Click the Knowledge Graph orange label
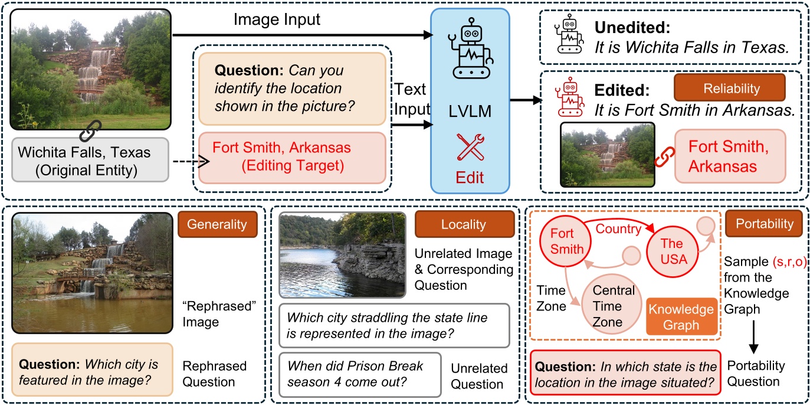pos(682,317)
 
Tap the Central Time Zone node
pos(614,306)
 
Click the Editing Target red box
pos(292,157)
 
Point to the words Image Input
pos(277,20)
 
